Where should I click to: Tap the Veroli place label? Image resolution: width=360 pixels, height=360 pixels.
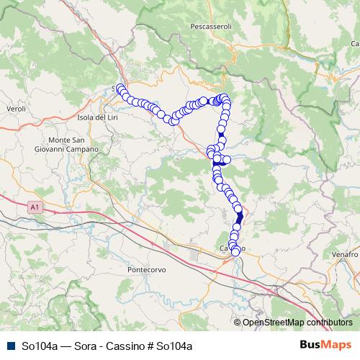pos(15,108)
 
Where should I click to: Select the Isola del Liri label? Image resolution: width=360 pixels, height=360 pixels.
pos(102,117)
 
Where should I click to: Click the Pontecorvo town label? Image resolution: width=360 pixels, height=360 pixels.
pos(147,269)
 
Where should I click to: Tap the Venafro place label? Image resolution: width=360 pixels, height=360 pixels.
pos(346,255)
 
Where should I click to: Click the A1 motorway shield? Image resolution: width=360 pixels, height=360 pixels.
pos(35,207)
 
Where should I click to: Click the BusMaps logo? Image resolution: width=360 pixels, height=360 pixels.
pos(325,345)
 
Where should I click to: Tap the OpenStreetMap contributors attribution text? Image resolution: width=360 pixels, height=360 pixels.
pos(297,323)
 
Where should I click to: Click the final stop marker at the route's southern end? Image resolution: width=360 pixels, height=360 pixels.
pos(235,251)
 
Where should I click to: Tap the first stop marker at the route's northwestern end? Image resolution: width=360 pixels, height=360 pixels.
pos(119,88)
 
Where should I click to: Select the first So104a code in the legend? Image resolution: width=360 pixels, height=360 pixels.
pos(40,346)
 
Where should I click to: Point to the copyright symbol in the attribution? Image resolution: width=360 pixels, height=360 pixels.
pos(238,323)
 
